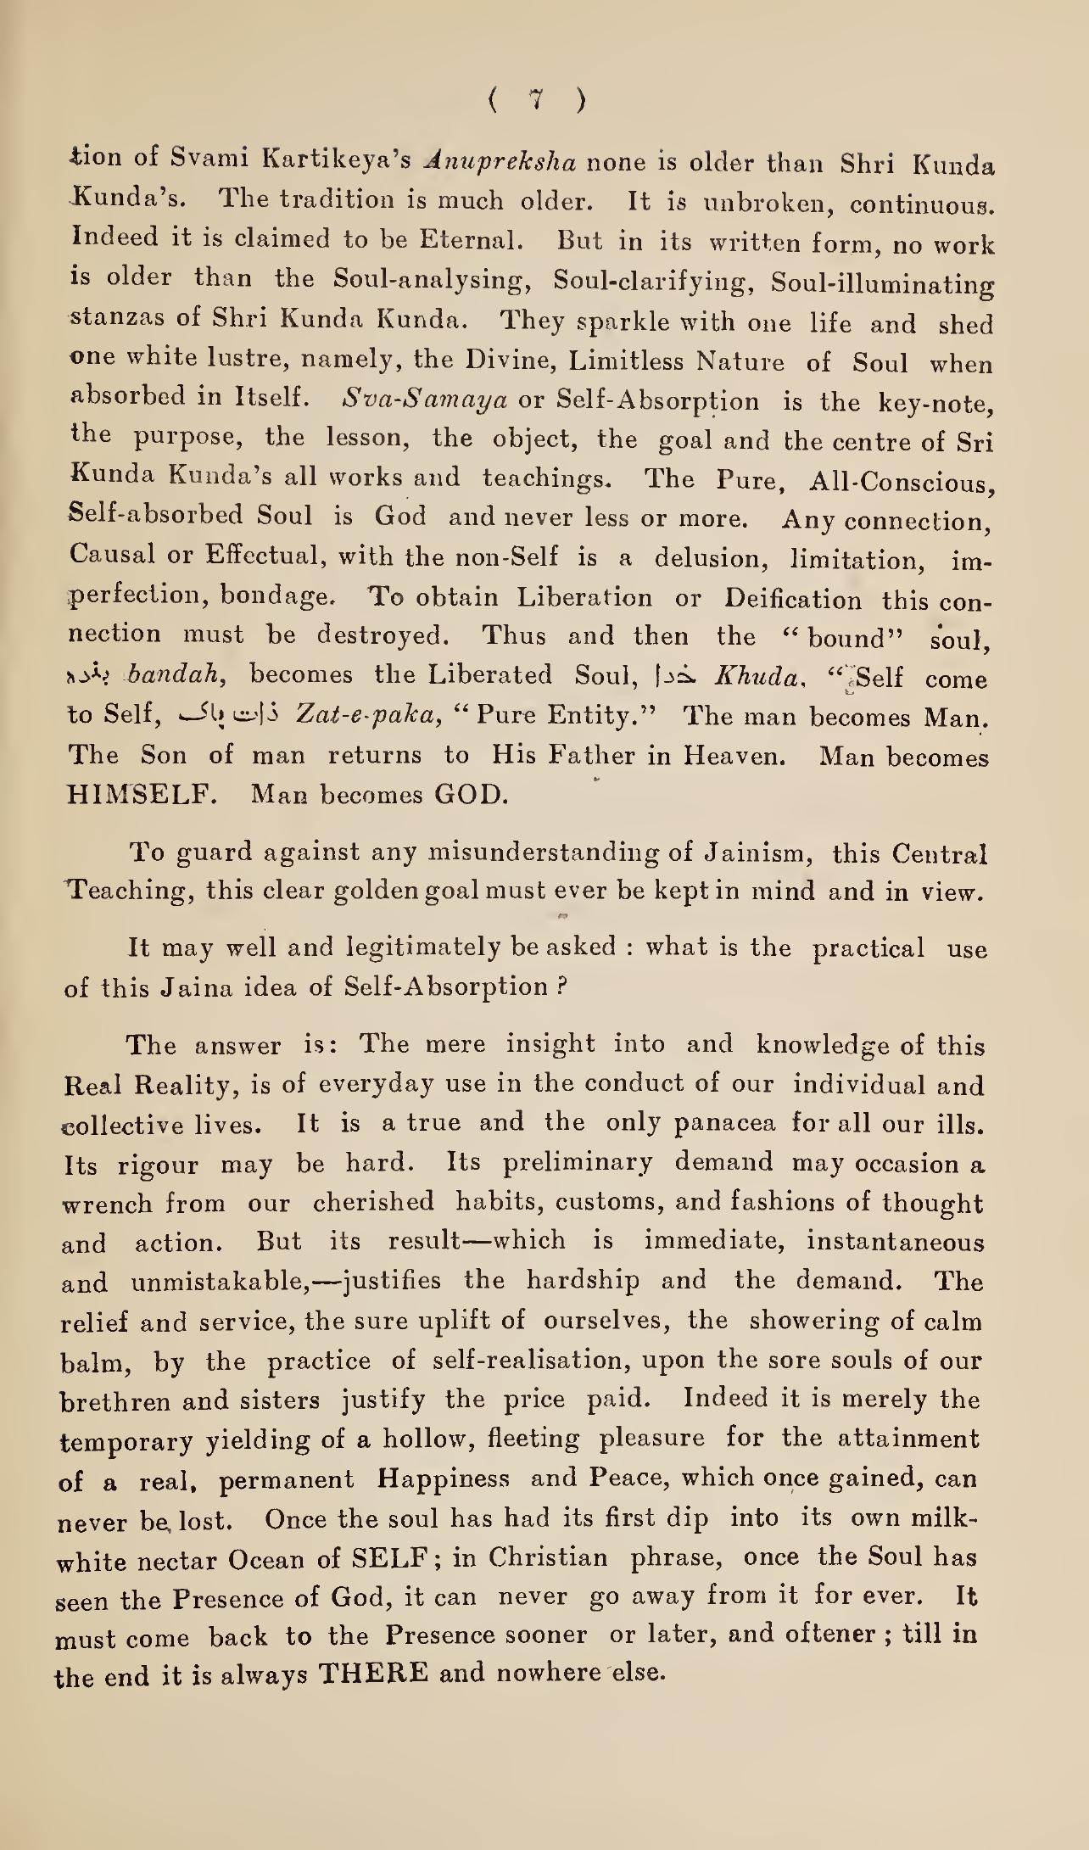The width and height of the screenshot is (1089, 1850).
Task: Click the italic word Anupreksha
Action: point(503,160)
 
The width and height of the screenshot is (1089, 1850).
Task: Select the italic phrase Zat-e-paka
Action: point(369,716)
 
